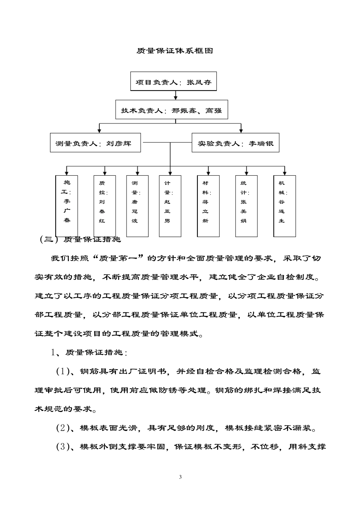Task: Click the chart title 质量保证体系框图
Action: (175, 51)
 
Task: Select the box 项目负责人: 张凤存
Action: (174, 81)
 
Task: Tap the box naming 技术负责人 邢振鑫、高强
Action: (172, 111)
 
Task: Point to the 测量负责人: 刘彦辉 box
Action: (95, 143)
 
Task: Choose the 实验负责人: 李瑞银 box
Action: (235, 143)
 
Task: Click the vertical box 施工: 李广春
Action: (67, 206)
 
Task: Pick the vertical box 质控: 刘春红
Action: (105, 206)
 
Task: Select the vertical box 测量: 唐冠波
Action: (137, 206)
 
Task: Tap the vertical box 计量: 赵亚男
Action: (170, 206)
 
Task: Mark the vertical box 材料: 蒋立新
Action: (208, 206)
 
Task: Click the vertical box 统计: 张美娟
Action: (246, 206)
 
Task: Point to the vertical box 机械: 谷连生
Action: (285, 206)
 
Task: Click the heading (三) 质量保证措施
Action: (80, 239)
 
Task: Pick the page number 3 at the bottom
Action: (180, 477)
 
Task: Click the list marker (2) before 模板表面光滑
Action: (63, 428)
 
